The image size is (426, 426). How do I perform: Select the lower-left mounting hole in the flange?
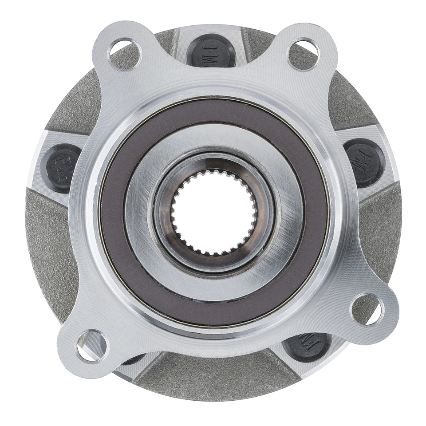click(92, 345)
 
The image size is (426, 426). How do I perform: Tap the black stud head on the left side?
click(62, 167)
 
